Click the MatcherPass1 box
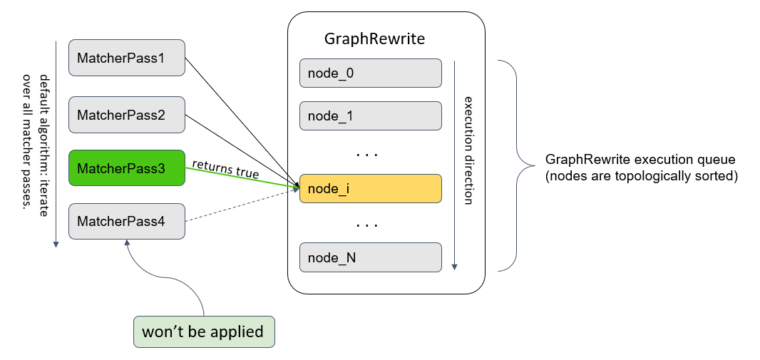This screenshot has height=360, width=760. click(x=127, y=58)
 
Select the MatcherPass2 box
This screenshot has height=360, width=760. click(x=127, y=114)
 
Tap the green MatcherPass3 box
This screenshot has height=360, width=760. click(x=127, y=168)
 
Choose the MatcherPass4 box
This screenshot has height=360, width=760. click(x=127, y=222)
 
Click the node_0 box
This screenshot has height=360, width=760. click(x=371, y=73)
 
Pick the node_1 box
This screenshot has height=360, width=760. click(x=371, y=115)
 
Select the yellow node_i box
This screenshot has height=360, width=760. click(x=371, y=189)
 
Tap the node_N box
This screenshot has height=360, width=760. click(x=371, y=257)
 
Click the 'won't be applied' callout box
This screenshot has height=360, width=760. click(x=203, y=331)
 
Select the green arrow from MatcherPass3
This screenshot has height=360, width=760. click(x=242, y=178)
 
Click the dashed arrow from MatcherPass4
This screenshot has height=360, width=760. click(x=242, y=207)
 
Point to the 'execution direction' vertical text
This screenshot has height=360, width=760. click(x=468, y=150)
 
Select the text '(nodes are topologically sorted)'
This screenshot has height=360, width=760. click(x=640, y=175)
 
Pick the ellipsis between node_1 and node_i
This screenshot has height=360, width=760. click(x=366, y=154)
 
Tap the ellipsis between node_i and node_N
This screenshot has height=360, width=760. click(x=366, y=225)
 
